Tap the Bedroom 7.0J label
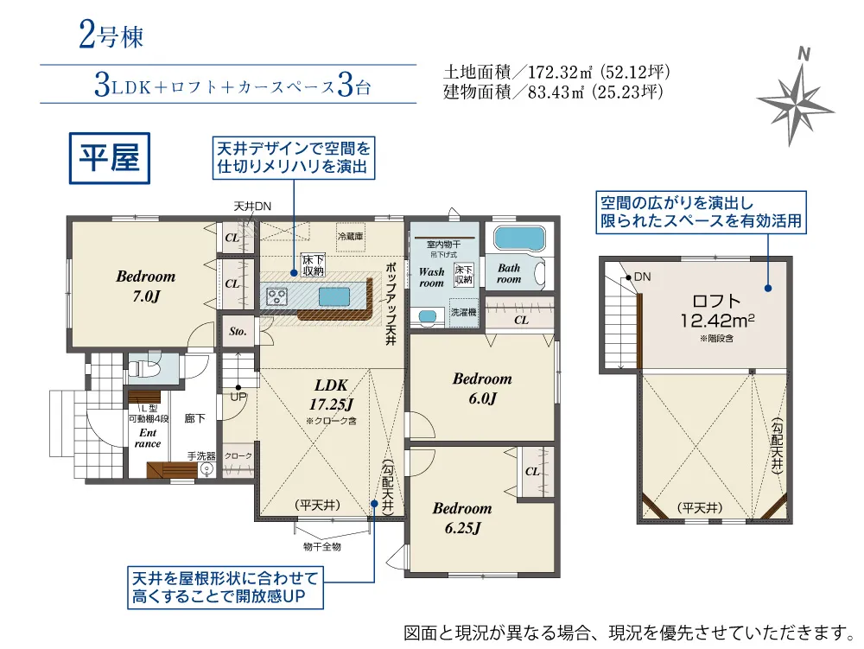tap(146, 286)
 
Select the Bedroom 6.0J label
tap(482, 388)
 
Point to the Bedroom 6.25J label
tap(462, 518)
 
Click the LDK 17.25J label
tap(331, 394)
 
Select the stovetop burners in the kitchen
tap(276, 296)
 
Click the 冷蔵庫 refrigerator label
tap(351, 236)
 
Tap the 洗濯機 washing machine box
tap(463, 312)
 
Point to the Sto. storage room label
tap(238, 332)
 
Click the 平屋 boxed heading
tap(110, 158)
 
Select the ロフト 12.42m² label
tap(717, 311)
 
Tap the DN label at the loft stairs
tap(643, 277)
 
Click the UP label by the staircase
tap(238, 396)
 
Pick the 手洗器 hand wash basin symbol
tap(206, 469)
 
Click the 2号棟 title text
tap(111, 35)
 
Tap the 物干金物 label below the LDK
tap(321, 546)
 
